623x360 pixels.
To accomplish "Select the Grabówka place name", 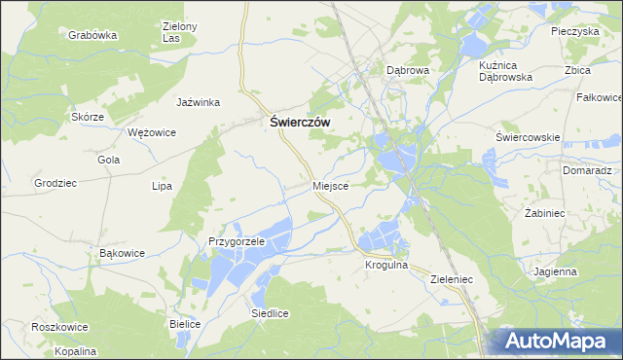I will [x=92, y=34].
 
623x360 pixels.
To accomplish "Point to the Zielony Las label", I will [x=179, y=32].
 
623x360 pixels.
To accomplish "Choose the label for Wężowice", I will [x=152, y=132].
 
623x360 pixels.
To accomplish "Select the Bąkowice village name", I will [x=123, y=253].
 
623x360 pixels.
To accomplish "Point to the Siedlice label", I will [x=270, y=313].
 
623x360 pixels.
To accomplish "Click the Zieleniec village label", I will [x=451, y=278].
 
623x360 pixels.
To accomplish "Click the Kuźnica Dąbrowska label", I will [x=506, y=69].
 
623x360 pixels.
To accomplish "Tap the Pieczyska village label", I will [x=574, y=31].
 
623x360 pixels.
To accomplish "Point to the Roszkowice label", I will [x=59, y=328].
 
